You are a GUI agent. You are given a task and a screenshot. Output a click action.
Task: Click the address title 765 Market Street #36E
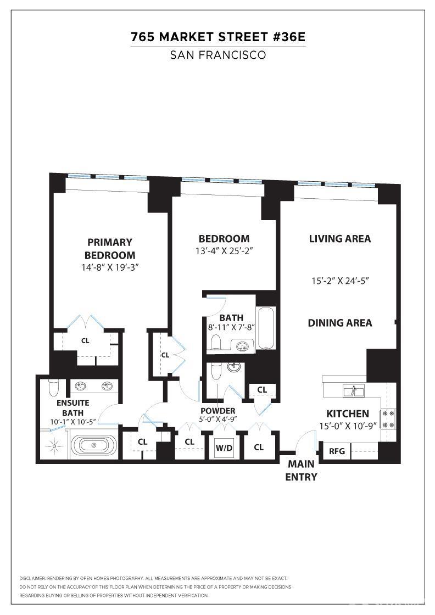[218, 37]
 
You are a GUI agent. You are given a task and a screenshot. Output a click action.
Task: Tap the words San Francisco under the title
[218, 55]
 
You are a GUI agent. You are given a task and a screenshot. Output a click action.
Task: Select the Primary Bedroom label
[110, 249]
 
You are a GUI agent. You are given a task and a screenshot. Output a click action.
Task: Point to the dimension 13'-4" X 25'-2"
[224, 251]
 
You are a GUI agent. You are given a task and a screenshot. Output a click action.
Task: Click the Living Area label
[339, 239]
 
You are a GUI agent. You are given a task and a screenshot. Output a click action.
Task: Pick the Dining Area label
[339, 323]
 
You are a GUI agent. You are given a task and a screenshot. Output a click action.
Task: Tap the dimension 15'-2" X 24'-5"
[340, 281]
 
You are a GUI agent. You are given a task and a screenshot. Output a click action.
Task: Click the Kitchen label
[348, 414]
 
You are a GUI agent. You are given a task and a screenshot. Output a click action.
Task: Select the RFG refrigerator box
[337, 451]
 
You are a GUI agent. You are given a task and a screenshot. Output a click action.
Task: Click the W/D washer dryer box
[224, 448]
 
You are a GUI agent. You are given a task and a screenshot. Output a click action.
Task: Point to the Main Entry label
[301, 470]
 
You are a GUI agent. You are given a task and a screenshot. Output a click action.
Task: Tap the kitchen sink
[354, 390]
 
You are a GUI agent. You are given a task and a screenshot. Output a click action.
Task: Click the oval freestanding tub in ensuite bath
[94, 445]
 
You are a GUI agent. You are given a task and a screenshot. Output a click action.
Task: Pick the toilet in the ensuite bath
[53, 388]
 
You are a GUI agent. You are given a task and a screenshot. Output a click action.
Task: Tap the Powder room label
[218, 411]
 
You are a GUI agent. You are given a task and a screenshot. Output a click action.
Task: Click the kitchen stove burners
[388, 419]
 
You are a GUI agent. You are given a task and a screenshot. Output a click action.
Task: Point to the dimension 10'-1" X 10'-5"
[73, 422]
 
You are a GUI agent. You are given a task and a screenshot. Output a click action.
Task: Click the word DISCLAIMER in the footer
[32, 579]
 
